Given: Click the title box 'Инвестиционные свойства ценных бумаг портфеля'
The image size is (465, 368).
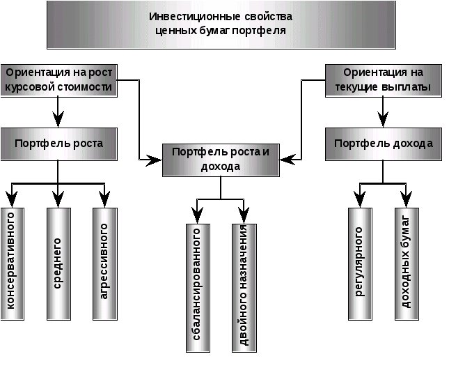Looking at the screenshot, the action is [221, 24].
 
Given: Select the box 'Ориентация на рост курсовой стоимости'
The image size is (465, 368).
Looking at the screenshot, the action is [58, 80].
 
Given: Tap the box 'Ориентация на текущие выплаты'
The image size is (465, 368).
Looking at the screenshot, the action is [384, 80].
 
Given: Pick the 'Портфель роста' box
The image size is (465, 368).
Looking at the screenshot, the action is [58, 144].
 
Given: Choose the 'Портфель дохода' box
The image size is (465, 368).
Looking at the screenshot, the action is [384, 144].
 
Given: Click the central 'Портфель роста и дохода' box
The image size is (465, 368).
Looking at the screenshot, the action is [221, 160].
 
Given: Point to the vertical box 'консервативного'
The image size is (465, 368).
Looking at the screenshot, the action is [12, 263].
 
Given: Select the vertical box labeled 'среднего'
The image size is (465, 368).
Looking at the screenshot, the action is [58, 263].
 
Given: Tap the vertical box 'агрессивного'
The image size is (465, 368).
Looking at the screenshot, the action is [105, 263].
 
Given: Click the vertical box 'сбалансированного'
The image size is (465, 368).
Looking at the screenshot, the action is [198, 288].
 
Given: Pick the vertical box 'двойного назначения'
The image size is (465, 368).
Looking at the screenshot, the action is [244, 288].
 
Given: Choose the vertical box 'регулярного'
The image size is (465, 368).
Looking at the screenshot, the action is [360, 263].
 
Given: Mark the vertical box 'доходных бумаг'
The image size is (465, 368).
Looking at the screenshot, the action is [407, 263].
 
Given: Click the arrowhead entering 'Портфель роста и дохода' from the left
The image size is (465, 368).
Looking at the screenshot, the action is [155, 160].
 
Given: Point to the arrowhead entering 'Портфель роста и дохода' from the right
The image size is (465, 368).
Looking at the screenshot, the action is [287, 160].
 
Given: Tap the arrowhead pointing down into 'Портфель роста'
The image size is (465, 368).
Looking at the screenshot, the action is [58, 119].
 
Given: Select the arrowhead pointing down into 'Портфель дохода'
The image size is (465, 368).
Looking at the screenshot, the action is [383, 119].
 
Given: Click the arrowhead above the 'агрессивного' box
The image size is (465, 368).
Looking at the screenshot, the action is [104, 199].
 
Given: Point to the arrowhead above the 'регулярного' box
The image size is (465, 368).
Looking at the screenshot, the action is [360, 199].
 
